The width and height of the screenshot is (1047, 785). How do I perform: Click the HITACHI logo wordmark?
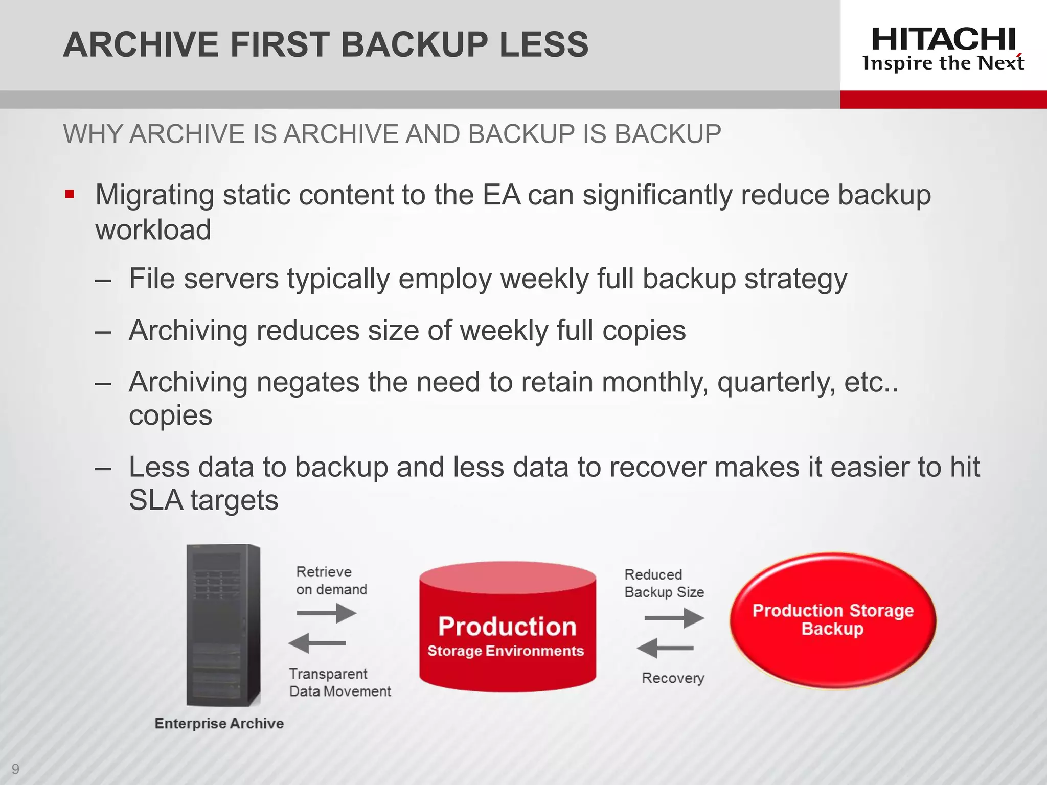click(943, 39)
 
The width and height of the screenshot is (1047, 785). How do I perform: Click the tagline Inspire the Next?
click(943, 63)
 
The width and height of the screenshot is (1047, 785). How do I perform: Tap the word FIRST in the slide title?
click(279, 44)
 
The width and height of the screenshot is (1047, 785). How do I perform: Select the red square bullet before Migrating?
click(70, 194)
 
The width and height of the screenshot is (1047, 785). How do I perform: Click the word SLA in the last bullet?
click(156, 500)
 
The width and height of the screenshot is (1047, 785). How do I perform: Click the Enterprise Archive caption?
click(219, 723)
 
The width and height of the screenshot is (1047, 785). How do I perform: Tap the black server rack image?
click(223, 625)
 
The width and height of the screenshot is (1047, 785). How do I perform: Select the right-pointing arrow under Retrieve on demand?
click(326, 613)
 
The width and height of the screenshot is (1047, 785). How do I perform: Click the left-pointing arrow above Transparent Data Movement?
click(317, 643)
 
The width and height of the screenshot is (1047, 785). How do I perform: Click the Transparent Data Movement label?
click(339, 682)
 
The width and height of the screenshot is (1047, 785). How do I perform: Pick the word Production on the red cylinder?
click(507, 627)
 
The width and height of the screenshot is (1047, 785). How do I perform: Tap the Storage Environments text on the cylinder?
click(506, 651)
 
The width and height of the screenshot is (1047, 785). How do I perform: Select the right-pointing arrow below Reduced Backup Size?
click(674, 618)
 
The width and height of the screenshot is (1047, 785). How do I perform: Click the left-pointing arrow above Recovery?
click(665, 648)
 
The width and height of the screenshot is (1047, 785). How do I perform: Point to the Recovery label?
click(673, 678)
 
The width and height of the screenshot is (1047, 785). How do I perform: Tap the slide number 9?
click(15, 769)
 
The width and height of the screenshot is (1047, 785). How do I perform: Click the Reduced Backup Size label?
click(664, 583)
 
